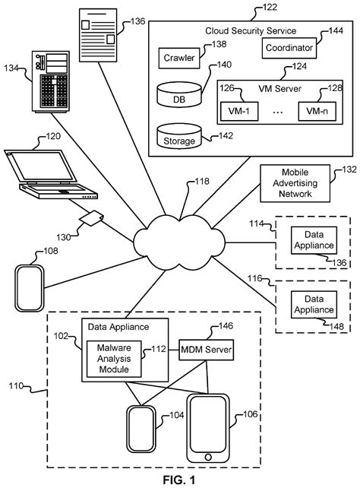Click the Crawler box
[x=179, y=58]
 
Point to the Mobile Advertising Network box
[x=289, y=183]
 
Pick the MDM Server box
[x=204, y=350]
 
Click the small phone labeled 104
[x=141, y=430]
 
